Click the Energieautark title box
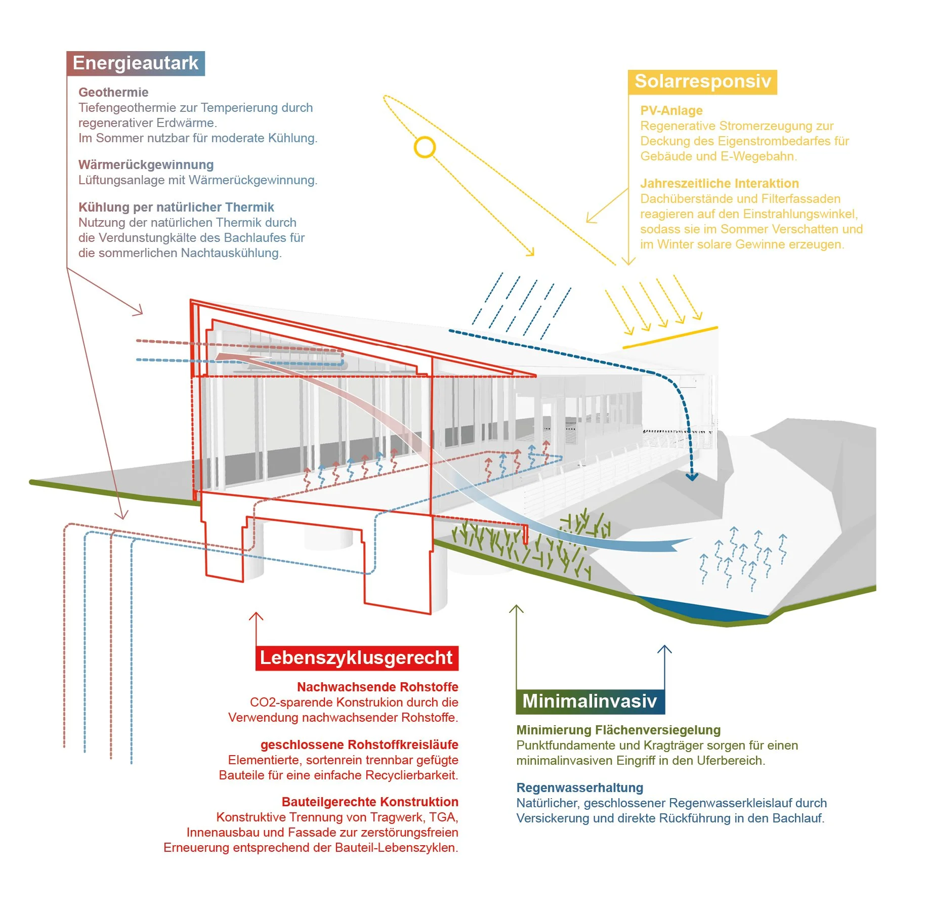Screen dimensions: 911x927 pos(136,63)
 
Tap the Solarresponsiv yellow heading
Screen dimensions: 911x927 pos(702,81)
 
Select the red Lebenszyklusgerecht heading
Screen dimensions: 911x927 pos(357,658)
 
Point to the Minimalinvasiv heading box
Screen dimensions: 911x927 pos(590,701)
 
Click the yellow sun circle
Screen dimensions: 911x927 pos(425,147)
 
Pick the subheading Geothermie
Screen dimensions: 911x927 pos(113,92)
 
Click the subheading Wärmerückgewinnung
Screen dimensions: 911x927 pos(146,164)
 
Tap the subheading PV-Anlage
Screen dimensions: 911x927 pos(671,110)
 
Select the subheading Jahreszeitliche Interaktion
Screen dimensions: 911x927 pos(719,183)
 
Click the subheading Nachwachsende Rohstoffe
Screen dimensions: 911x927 pos(377,687)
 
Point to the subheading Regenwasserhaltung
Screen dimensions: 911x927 pos(579,788)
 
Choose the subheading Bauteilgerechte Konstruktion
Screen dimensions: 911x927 pos(370,802)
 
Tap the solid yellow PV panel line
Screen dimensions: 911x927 pos(670,338)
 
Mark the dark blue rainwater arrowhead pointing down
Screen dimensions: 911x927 pos(692,477)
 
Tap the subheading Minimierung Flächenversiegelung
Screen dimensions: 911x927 pos(618,730)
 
